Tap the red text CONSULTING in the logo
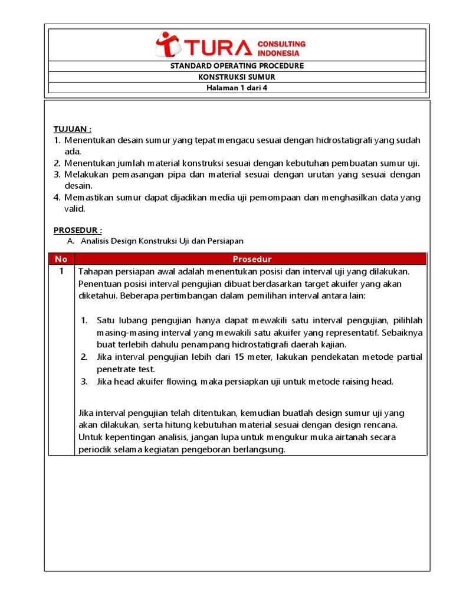(281, 44)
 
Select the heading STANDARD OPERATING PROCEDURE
(237, 65)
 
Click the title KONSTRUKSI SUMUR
(237, 77)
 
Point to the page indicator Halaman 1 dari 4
(237, 88)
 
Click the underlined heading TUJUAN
(73, 129)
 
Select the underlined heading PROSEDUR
(78, 229)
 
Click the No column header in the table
(61, 259)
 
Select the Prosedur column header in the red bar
(252, 259)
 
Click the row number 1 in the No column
(61, 271)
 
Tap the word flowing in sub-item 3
(180, 381)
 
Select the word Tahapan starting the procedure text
(97, 271)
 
